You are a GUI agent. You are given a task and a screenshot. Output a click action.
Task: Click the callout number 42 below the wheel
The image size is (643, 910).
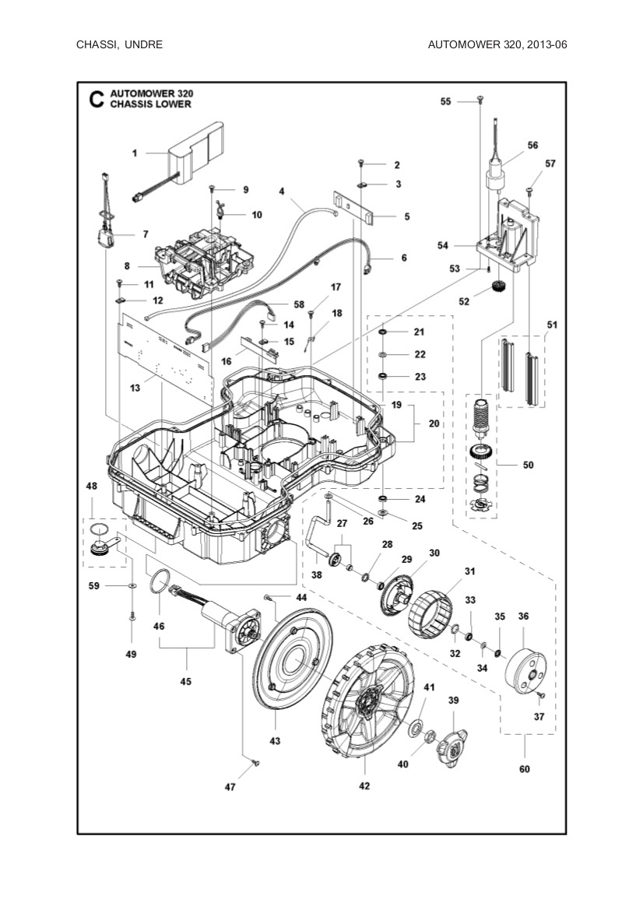364,786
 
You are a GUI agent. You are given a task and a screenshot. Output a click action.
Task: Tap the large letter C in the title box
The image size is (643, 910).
96,99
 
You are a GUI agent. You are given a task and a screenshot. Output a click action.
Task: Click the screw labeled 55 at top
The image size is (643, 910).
480,100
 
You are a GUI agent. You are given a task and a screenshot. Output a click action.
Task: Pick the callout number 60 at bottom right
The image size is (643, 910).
524,770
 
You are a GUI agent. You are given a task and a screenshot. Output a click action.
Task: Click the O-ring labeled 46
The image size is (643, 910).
161,581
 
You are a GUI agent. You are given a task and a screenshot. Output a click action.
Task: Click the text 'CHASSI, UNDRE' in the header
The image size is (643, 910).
119,44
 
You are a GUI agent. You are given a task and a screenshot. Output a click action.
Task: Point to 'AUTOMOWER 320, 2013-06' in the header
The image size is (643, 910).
497,44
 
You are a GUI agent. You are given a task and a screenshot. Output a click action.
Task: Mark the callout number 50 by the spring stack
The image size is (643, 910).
528,465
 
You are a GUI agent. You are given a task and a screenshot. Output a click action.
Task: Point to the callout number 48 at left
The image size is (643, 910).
92,486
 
